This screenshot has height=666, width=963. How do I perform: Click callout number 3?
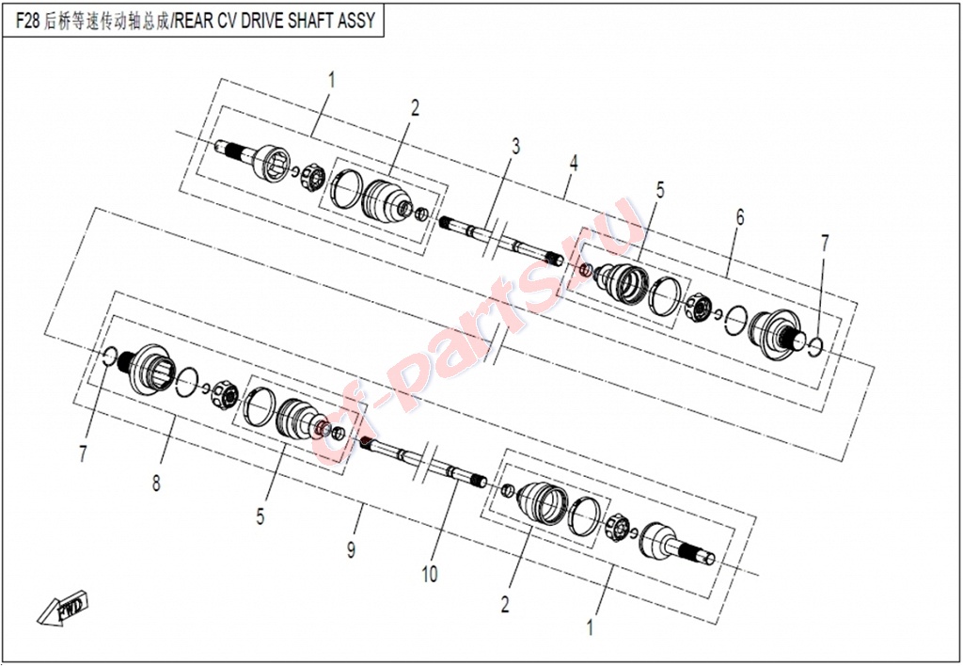[x=515, y=146]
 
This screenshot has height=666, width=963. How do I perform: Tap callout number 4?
[x=573, y=163]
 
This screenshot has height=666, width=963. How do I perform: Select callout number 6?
[x=740, y=216]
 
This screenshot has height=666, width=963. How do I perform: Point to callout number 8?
[x=157, y=483]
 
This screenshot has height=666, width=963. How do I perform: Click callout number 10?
[x=429, y=574]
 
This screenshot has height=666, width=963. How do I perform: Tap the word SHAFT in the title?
[x=304, y=21]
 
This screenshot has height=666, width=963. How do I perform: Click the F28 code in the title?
[x=27, y=21]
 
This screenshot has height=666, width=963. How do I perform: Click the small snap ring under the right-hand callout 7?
[x=815, y=346]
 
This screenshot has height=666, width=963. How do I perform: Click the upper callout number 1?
[x=331, y=80]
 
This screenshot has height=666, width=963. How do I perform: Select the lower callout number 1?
[x=591, y=627]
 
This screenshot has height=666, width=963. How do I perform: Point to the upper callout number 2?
[x=415, y=108]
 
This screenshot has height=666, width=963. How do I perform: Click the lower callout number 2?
[x=504, y=604]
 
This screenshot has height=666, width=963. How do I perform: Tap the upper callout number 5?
[x=660, y=189]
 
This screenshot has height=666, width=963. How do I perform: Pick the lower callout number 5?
[x=260, y=515]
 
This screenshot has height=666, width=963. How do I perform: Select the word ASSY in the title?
[x=356, y=21]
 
